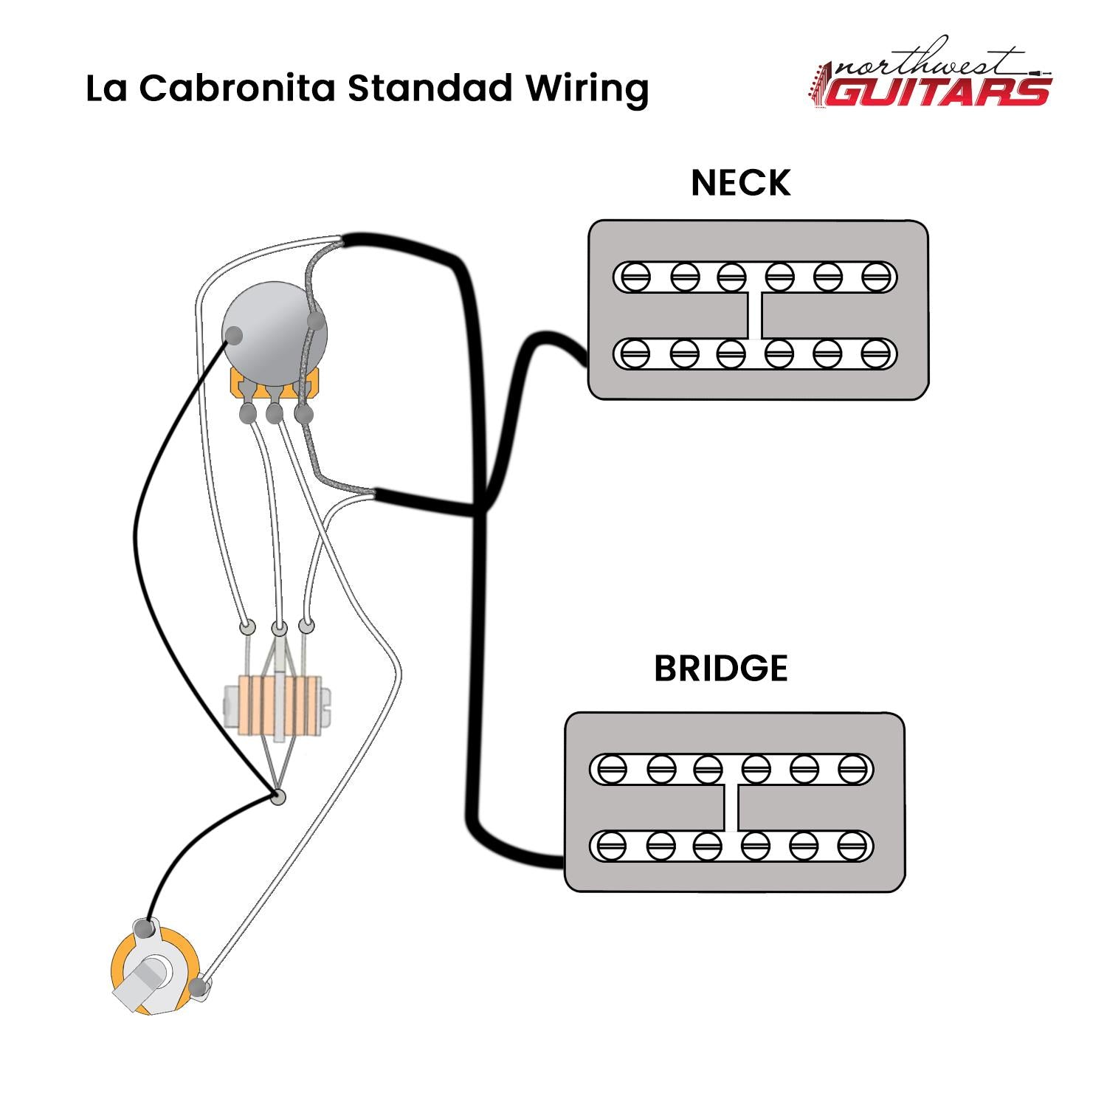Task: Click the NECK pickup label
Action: (x=740, y=183)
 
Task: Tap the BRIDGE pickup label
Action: (x=721, y=668)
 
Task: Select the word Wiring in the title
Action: (x=587, y=89)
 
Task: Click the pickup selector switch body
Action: (x=277, y=706)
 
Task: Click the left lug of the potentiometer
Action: (x=247, y=413)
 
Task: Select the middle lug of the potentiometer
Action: (x=274, y=413)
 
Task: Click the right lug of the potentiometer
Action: (x=303, y=413)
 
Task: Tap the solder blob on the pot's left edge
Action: (x=234, y=335)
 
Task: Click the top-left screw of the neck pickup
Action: (x=635, y=277)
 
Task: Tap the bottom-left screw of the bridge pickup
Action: (x=612, y=846)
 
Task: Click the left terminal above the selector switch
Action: (x=247, y=627)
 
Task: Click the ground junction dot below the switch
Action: (x=277, y=796)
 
